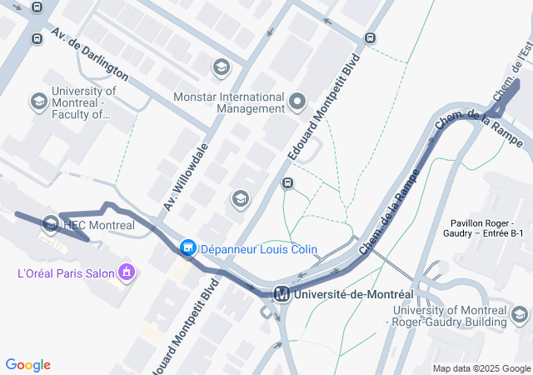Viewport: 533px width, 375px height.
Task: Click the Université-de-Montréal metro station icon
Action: coord(282,294)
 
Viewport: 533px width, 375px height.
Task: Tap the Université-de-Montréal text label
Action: coord(352,294)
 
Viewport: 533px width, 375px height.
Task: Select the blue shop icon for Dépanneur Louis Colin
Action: coord(188,248)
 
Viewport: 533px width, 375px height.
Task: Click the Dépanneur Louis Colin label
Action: coord(248,249)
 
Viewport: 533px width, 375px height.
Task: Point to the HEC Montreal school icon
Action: coord(51,225)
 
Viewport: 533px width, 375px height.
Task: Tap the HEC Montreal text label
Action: coord(99,225)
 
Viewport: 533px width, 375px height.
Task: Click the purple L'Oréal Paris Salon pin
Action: coord(127,272)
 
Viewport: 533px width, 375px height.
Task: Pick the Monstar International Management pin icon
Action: coord(299,102)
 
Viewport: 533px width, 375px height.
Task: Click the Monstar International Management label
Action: coord(229,102)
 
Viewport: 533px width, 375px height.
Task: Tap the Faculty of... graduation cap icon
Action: coord(38,102)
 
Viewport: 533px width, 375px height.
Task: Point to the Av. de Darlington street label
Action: coord(89,53)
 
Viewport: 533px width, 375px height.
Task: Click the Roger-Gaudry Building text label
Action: coord(449,316)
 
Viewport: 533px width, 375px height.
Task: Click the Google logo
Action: coord(27,365)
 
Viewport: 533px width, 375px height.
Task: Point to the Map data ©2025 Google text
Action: coord(482,368)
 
